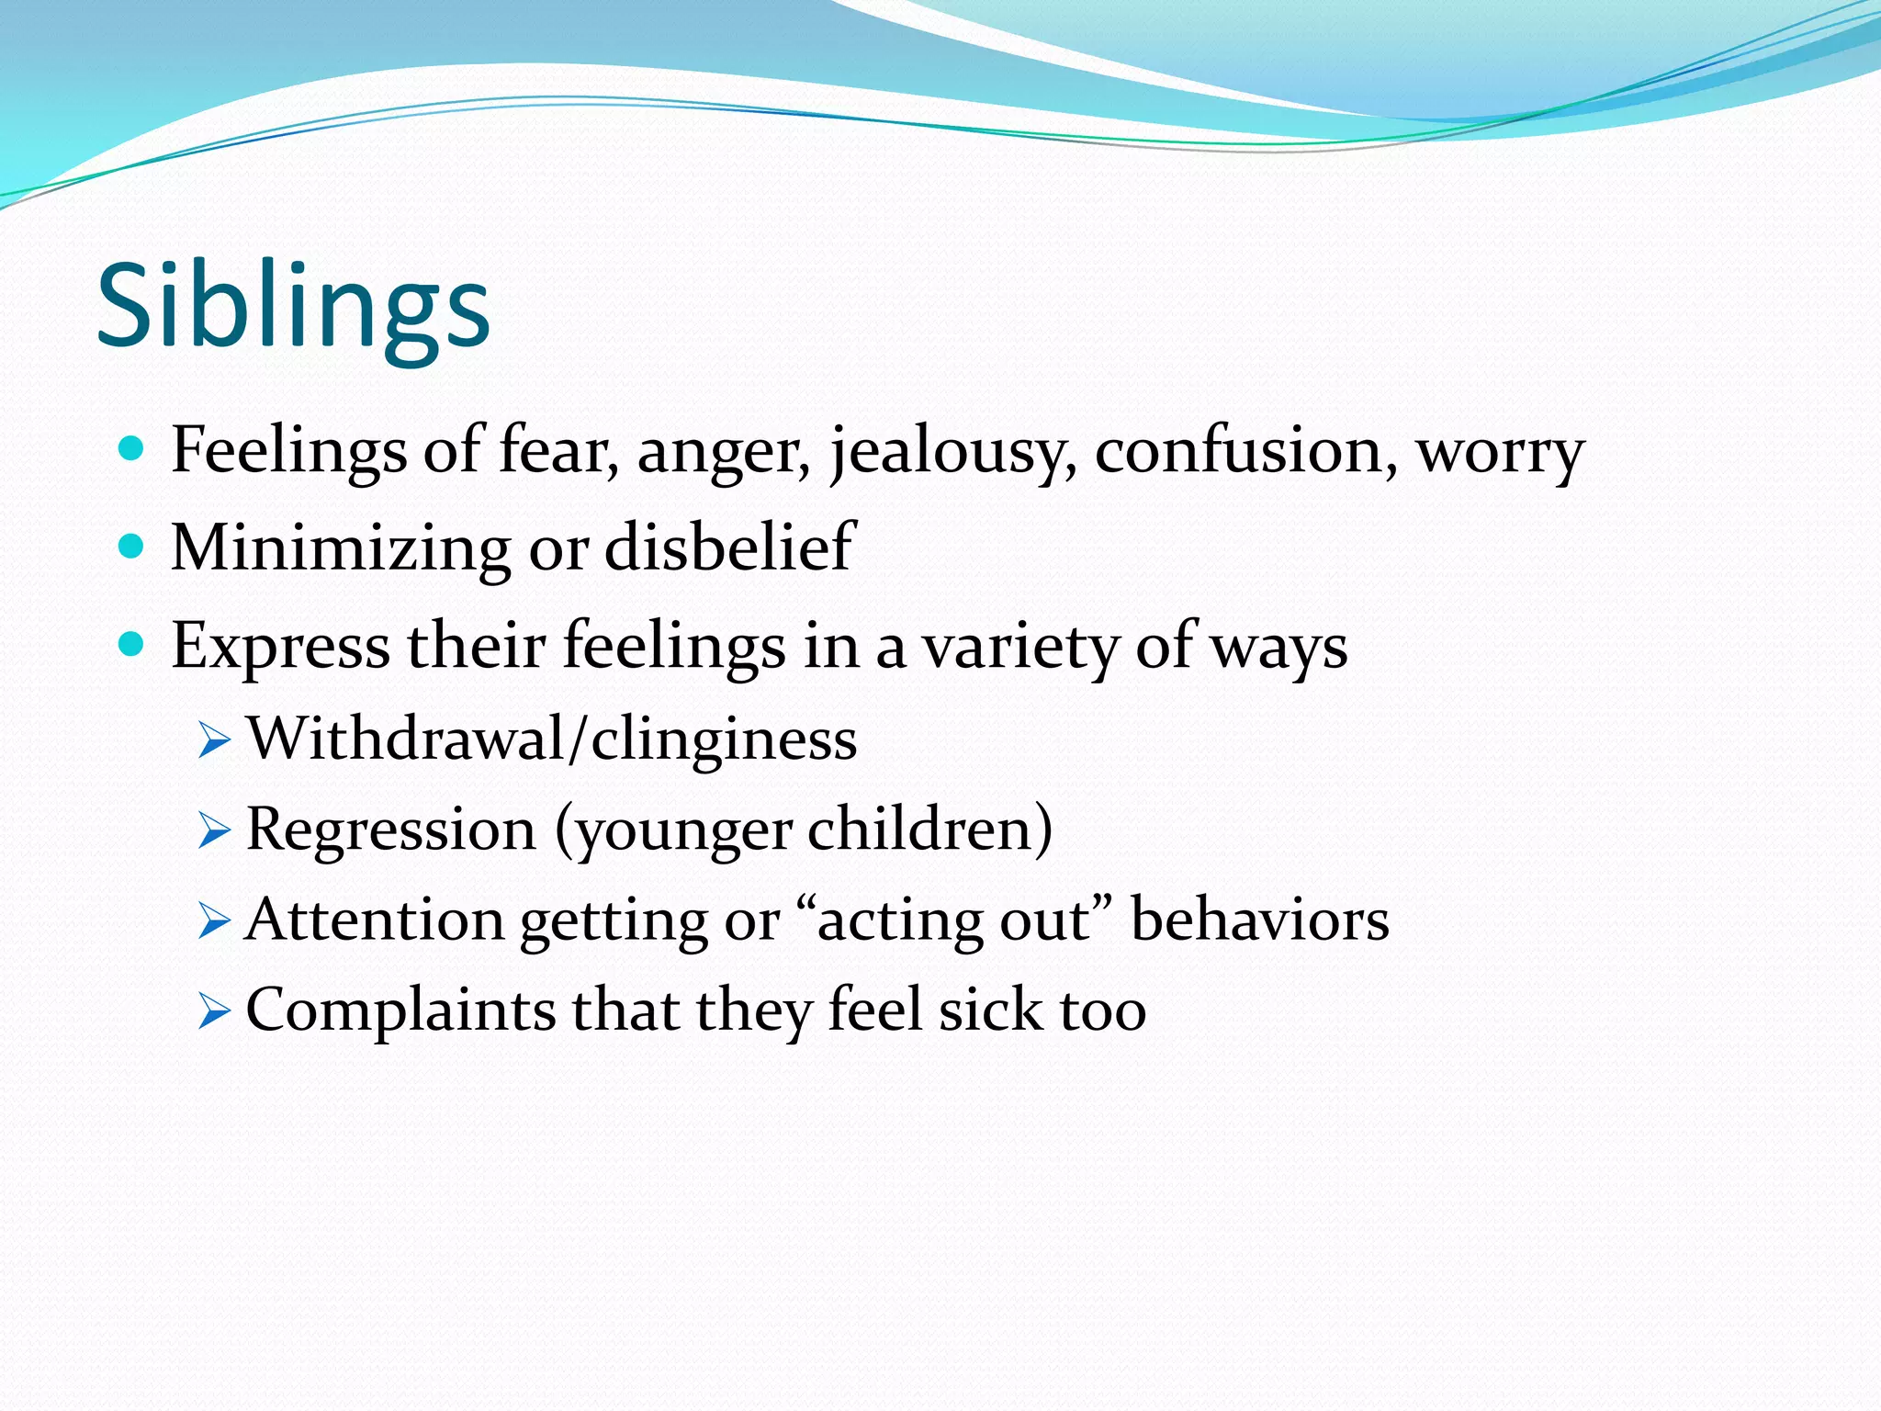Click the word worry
coord(1500,453)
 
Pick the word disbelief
coord(730,547)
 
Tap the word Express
coord(281,647)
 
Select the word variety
coord(1020,647)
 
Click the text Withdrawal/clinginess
coord(552,739)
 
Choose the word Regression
coord(391,830)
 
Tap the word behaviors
coord(1259,920)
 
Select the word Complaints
coord(400,1010)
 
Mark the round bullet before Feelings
coord(132,449)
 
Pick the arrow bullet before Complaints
coord(214,1012)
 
